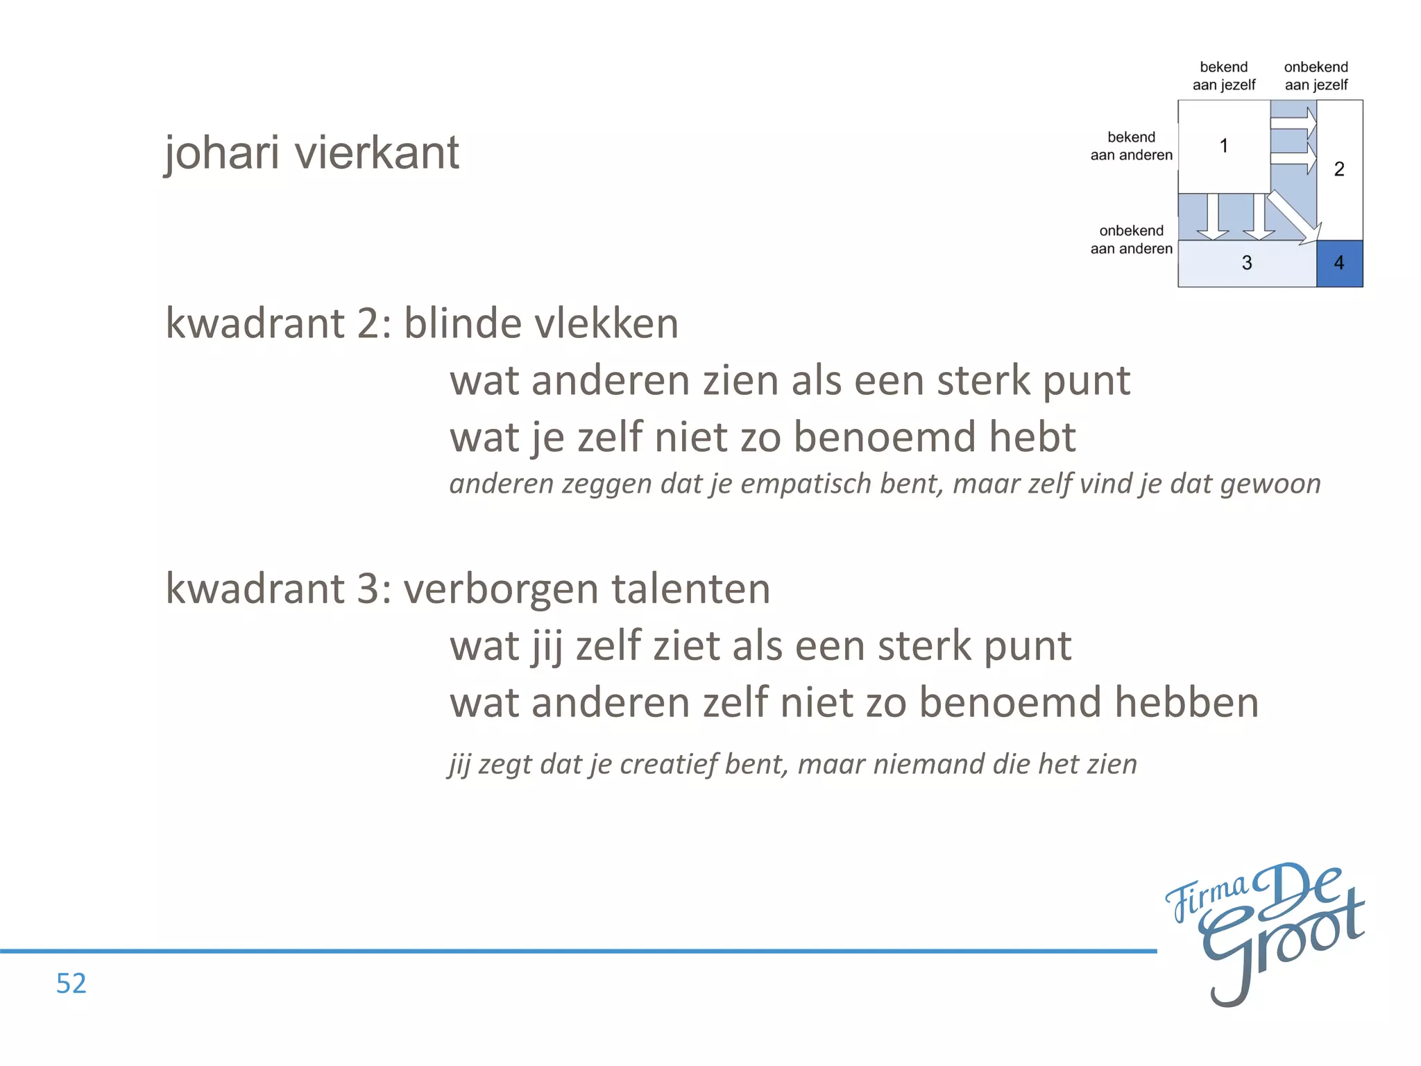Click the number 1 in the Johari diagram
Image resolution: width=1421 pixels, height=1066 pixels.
click(1224, 146)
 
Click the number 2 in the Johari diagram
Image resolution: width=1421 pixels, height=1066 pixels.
click(1339, 169)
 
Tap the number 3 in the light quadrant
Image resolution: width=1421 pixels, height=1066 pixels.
click(1247, 263)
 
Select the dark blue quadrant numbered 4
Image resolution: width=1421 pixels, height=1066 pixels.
click(1339, 263)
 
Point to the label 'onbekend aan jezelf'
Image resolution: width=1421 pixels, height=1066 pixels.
click(1316, 76)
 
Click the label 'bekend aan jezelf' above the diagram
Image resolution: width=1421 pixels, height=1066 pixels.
click(1224, 76)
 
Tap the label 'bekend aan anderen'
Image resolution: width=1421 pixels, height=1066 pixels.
click(1131, 146)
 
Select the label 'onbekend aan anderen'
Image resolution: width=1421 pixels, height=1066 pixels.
click(1131, 239)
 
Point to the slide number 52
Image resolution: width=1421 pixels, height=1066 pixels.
click(71, 983)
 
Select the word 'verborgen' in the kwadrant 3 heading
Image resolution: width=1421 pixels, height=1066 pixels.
click(500, 589)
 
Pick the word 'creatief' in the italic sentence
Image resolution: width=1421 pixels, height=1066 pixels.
click(668, 764)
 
